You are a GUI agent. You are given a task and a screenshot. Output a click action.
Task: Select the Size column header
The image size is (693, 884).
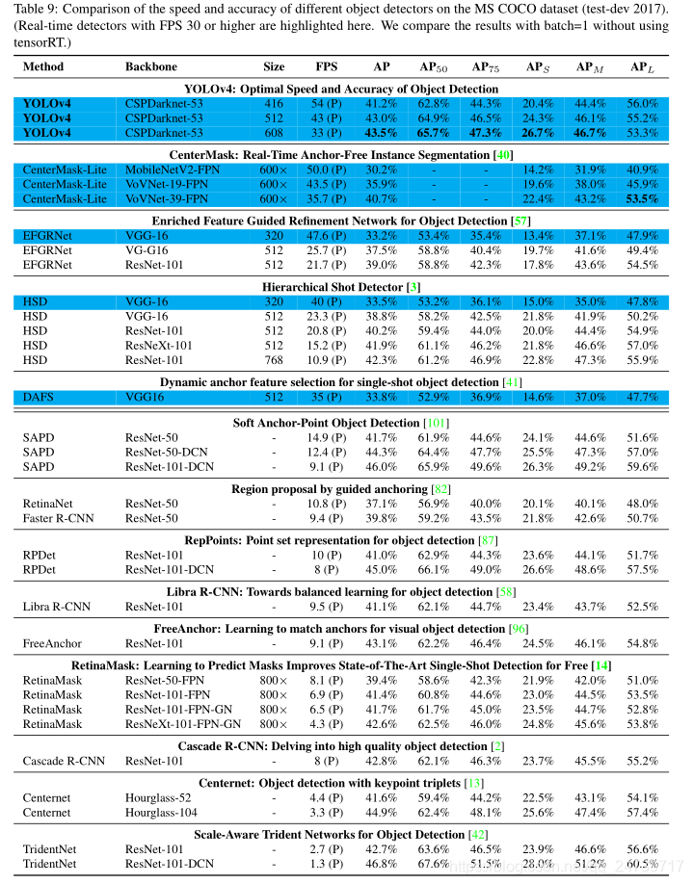pos(274,67)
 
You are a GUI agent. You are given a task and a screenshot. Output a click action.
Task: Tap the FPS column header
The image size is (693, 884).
pos(327,67)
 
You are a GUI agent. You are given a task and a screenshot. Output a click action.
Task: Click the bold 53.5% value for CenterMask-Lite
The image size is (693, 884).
pos(641,198)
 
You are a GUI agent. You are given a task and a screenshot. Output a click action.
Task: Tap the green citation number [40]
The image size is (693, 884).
pos(502,154)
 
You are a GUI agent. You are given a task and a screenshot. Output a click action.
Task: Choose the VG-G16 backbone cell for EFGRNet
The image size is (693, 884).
pos(147,249)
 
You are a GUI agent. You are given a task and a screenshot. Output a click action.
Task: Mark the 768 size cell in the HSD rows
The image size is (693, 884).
pos(274,358)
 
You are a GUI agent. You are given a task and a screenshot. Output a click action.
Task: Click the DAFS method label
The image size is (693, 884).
pos(39,396)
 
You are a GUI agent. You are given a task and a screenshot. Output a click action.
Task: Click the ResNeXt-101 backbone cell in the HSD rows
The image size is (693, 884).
pos(158,344)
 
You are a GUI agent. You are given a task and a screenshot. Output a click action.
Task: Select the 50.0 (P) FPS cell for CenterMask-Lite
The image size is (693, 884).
pos(327,169)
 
